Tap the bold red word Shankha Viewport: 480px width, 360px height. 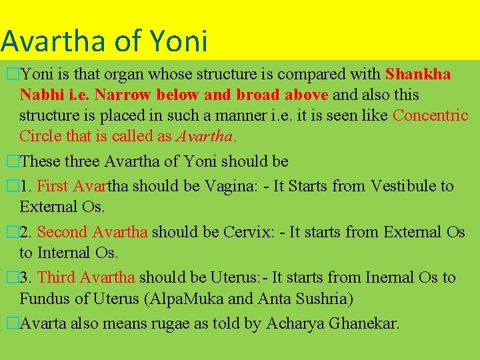pos(418,73)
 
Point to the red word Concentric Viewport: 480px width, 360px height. pos(431,115)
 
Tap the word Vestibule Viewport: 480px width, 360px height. pos(403,186)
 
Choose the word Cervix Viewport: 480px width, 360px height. pos(248,232)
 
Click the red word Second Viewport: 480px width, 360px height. pos(63,232)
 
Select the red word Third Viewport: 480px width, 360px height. pos(56,277)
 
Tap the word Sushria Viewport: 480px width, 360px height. pos(323,298)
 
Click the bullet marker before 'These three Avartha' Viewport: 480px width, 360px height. pos(10,162)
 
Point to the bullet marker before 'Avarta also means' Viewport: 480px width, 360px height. pos(10,325)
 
